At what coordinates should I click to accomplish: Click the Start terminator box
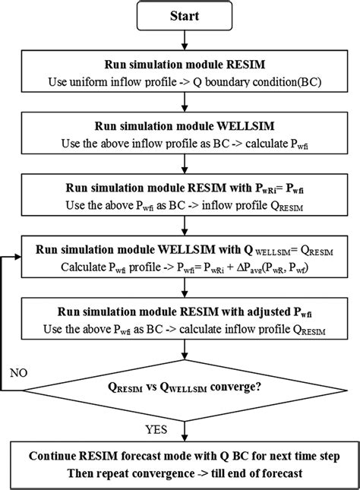click(x=179, y=14)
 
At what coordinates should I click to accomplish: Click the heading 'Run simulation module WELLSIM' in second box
click(x=180, y=125)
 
